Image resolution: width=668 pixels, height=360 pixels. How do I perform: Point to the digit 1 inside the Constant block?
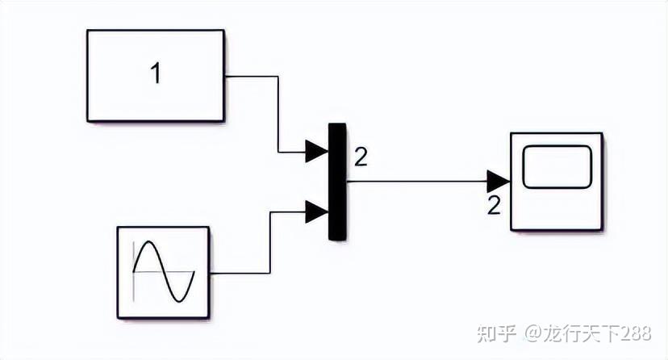pos(156,74)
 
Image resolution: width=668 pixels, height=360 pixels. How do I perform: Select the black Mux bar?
pos(336,182)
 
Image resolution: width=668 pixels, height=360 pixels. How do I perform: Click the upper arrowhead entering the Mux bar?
pos(316,151)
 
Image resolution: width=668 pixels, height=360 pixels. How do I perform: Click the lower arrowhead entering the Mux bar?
pos(316,212)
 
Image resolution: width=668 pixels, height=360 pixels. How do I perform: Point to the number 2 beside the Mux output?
pos(361,157)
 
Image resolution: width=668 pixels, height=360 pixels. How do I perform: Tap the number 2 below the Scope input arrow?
pos(495,205)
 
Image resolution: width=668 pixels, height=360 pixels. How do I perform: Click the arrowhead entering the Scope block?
pos(498,181)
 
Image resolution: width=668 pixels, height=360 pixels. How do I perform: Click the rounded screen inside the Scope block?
pos(557,166)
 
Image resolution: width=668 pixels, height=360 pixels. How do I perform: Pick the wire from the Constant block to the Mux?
pos(278,113)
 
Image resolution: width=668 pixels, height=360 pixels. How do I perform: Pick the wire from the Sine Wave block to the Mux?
pos(270,242)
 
